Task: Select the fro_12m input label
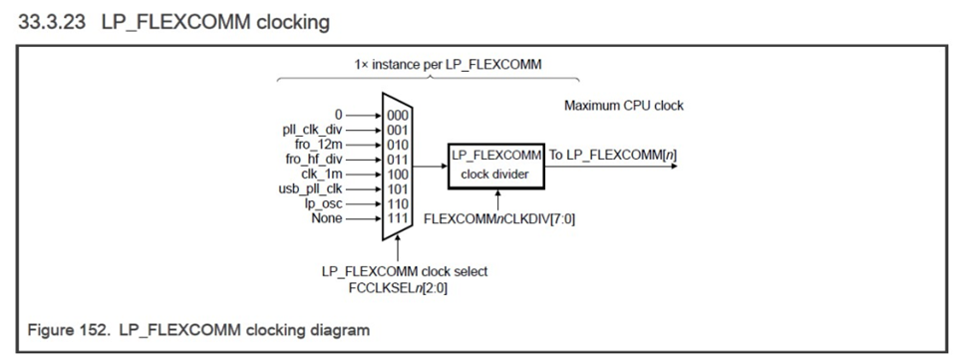(x=319, y=145)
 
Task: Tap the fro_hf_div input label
(x=314, y=159)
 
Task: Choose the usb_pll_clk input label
(x=311, y=188)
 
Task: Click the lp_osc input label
(x=323, y=204)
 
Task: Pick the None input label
(x=327, y=218)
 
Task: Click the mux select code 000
(x=397, y=115)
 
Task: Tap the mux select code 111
(x=397, y=218)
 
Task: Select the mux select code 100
(x=397, y=175)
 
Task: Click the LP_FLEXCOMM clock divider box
(x=496, y=167)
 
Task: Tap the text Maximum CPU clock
(x=624, y=106)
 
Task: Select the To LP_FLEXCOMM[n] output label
(x=613, y=156)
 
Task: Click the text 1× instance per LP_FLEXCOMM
(x=448, y=64)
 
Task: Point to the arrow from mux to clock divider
(x=430, y=167)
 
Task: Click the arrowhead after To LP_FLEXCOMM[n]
(x=673, y=167)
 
